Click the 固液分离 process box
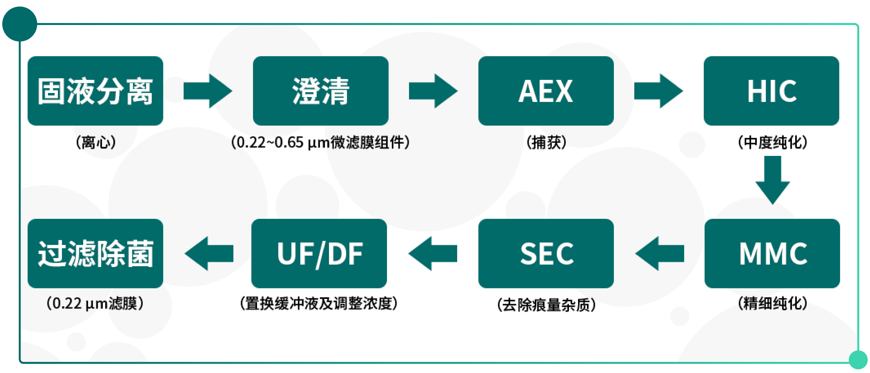tap(95, 91)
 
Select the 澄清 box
tap(321, 91)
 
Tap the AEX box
tap(546, 91)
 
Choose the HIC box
tap(771, 91)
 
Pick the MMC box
tap(772, 253)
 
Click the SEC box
tap(546, 253)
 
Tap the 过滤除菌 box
tap(95, 253)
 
